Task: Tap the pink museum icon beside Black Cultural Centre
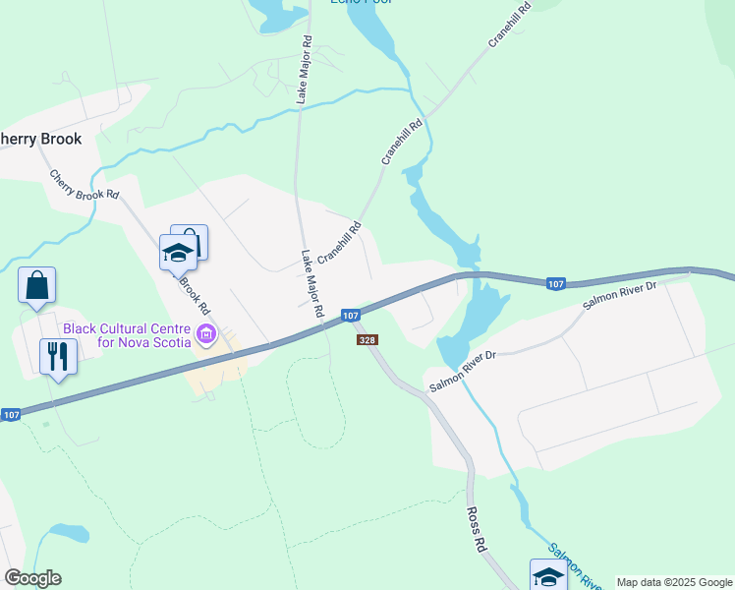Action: [x=206, y=335]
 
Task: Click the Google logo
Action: [x=32, y=578]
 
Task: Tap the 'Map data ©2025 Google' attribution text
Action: [x=674, y=582]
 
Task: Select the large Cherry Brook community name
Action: [x=39, y=139]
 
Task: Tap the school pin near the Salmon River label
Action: [x=548, y=575]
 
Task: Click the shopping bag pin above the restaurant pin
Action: [x=36, y=285]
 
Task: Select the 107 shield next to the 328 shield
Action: [x=351, y=315]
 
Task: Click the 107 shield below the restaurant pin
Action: [x=11, y=415]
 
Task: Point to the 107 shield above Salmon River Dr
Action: [x=556, y=284]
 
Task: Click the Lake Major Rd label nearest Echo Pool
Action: [x=305, y=71]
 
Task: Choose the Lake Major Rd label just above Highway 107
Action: [x=312, y=282]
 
